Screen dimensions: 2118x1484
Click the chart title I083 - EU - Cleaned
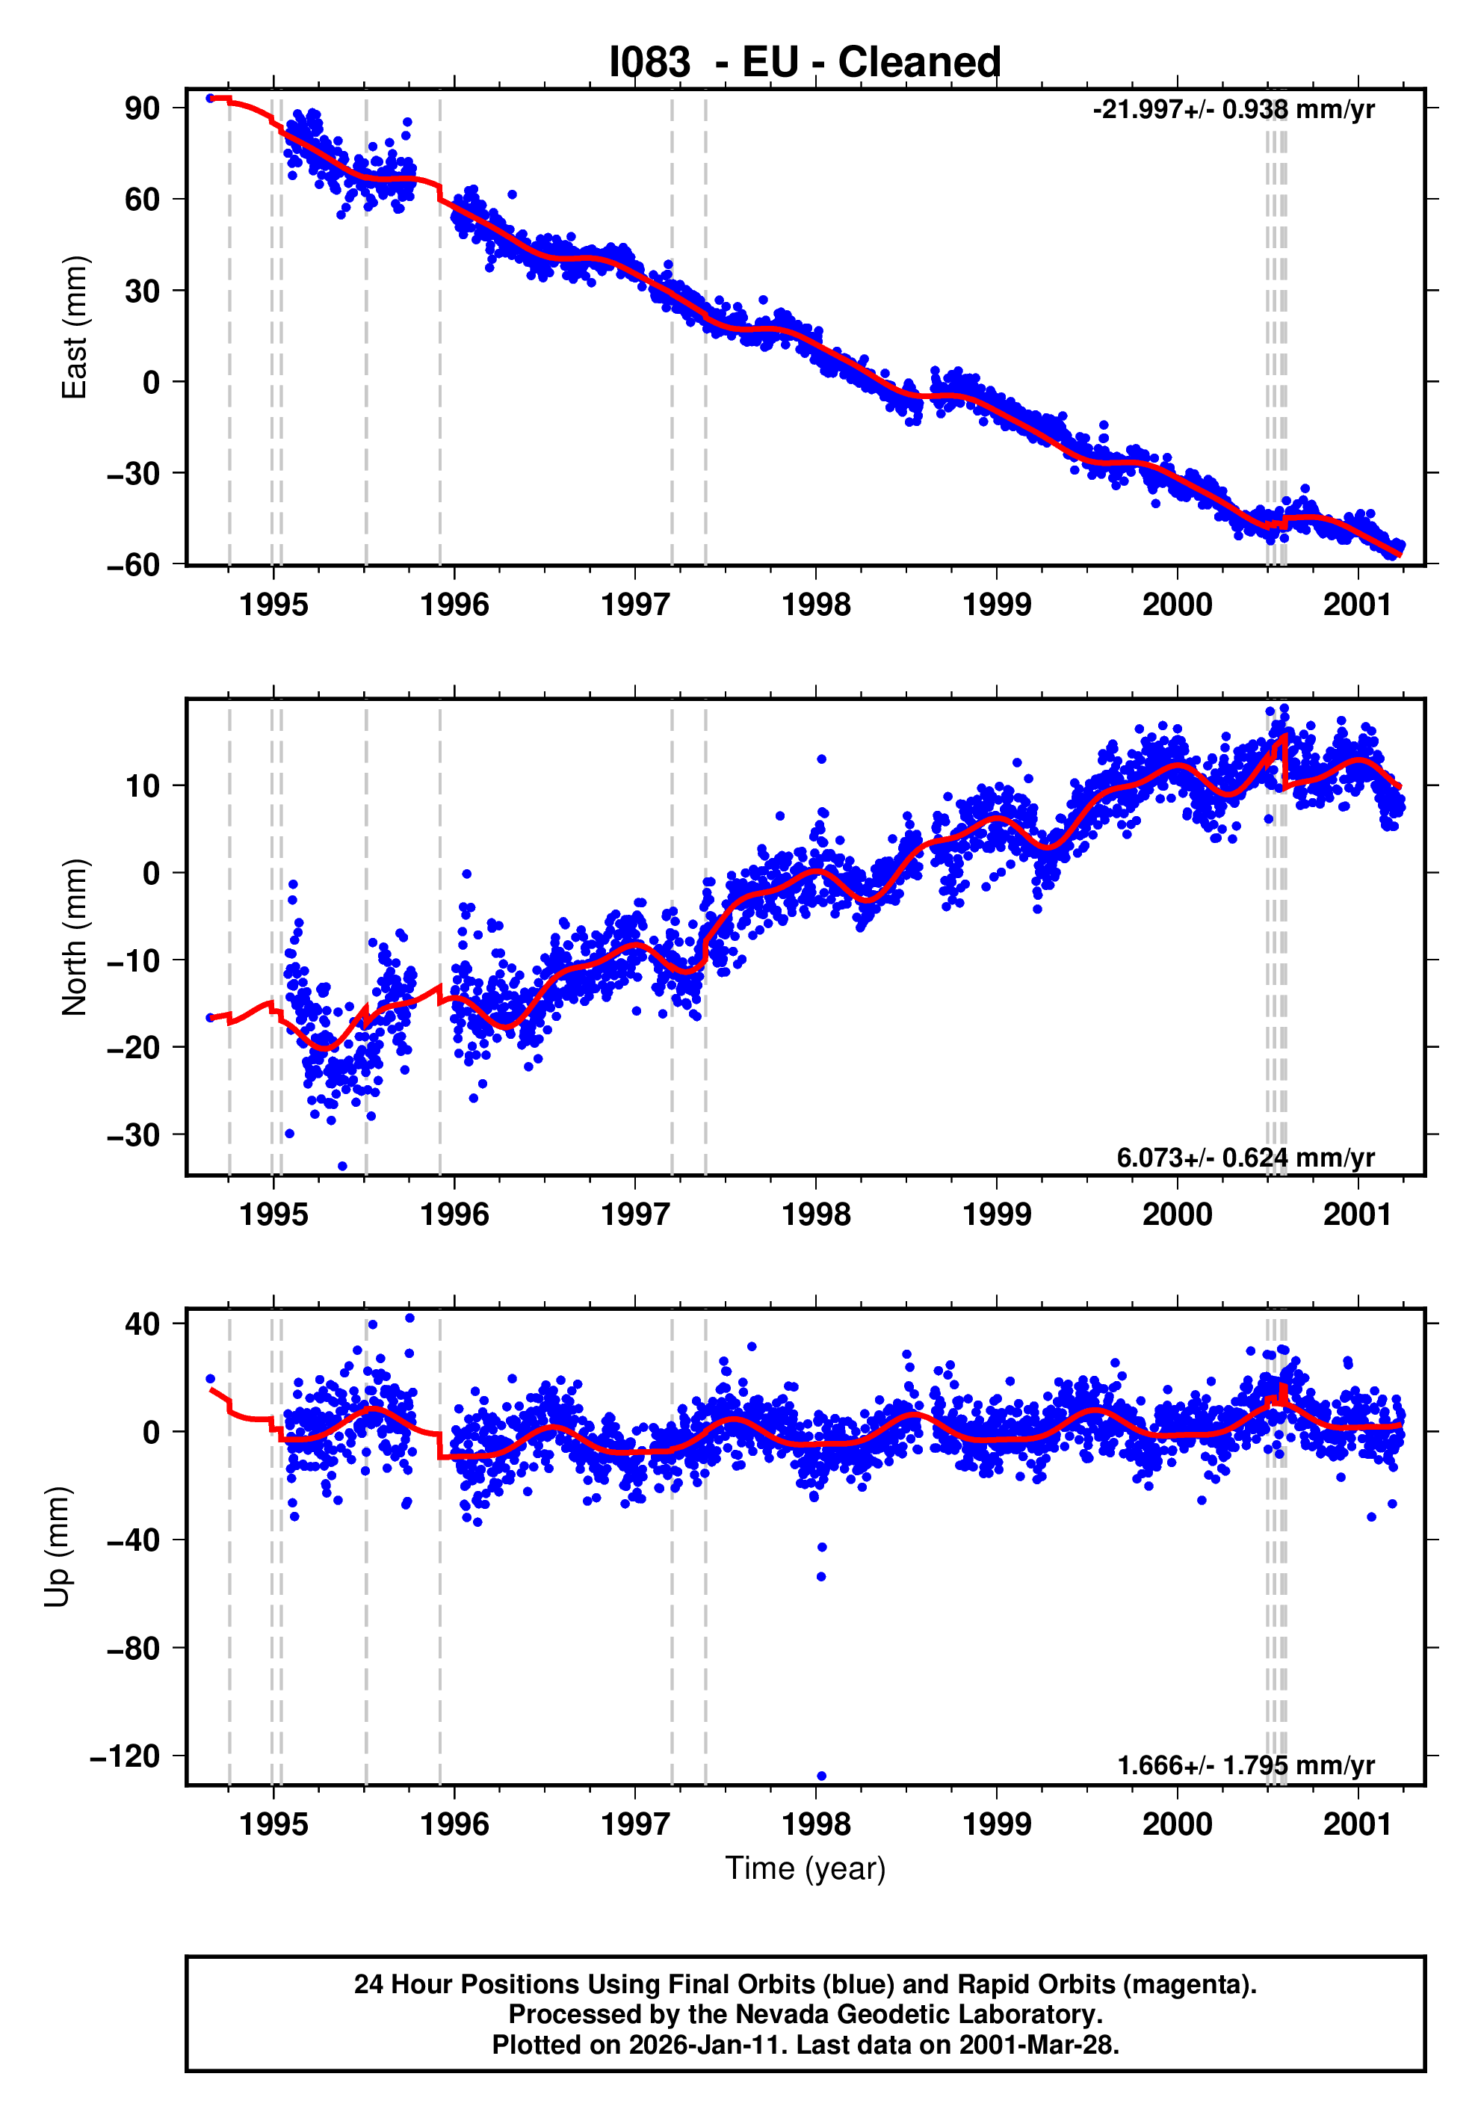[804, 63]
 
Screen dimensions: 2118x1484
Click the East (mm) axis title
[74, 327]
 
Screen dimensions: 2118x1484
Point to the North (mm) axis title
[74, 937]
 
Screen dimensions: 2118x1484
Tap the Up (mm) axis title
[58, 1547]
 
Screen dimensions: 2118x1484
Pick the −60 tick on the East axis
[133, 564]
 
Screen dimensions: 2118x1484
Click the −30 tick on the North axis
[133, 1134]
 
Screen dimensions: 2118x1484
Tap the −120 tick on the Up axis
[125, 1756]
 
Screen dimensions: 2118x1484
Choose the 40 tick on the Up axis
[142, 1324]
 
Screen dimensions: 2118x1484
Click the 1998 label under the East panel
[815, 605]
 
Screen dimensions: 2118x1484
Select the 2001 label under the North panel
[1357, 1215]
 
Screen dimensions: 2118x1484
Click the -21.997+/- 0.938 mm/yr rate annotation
[1233, 110]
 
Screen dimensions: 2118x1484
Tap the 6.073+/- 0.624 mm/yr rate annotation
[1245, 1158]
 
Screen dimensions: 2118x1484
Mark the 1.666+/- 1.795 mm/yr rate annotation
[1245, 1765]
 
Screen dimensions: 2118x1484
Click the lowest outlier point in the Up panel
[821, 1776]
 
